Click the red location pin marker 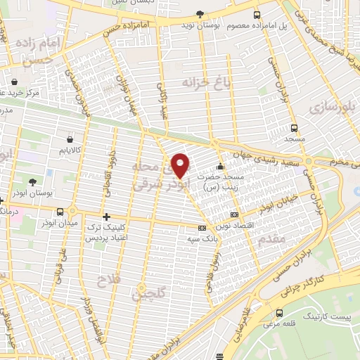click(181, 165)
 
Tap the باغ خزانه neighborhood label click(186, 83)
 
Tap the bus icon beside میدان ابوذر click(61, 212)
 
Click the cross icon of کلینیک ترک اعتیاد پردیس click(106, 217)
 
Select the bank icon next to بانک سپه click(202, 228)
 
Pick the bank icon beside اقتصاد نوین click(234, 214)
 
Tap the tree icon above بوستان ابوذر click(31, 182)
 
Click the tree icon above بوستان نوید click(200, 14)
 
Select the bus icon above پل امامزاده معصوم click(257, 15)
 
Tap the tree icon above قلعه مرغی click(281, 313)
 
